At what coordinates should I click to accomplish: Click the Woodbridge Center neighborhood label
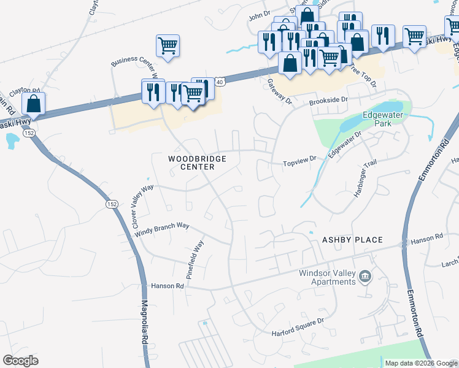coord(198,163)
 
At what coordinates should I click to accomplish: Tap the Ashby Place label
coord(352,240)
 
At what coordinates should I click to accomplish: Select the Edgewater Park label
coord(385,118)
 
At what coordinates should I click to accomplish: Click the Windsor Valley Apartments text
coord(328,277)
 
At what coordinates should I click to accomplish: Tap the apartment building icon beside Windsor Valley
coord(365,277)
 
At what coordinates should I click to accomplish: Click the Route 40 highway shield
coord(220,80)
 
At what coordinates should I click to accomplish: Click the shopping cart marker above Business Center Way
coord(168,45)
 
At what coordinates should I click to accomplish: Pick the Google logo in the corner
coord(20,361)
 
